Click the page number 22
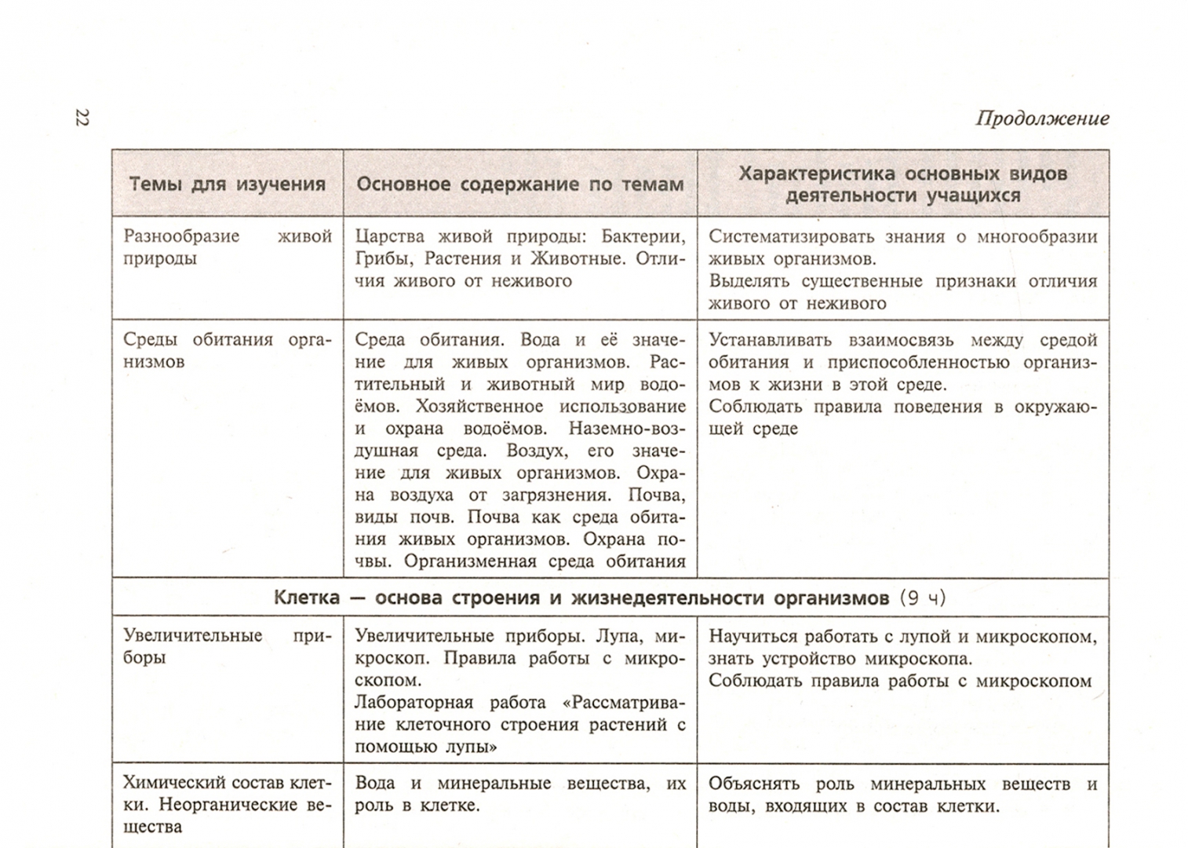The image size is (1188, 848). click(x=82, y=118)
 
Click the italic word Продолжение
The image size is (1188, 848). click(x=1042, y=119)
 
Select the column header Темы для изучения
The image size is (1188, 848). click(x=227, y=185)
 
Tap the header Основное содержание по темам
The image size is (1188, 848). click(x=520, y=185)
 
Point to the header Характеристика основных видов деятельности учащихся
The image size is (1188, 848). click(x=902, y=185)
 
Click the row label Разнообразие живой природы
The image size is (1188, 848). click(x=227, y=247)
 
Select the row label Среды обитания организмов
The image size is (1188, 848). click(x=227, y=350)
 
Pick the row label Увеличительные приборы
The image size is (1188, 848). click(x=227, y=646)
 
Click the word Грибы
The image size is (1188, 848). click(x=383, y=258)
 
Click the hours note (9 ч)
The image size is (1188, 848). click(x=922, y=598)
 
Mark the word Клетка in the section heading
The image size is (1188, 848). click(x=307, y=598)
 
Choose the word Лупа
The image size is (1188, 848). click(x=624, y=636)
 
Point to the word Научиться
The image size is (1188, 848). click(x=753, y=637)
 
